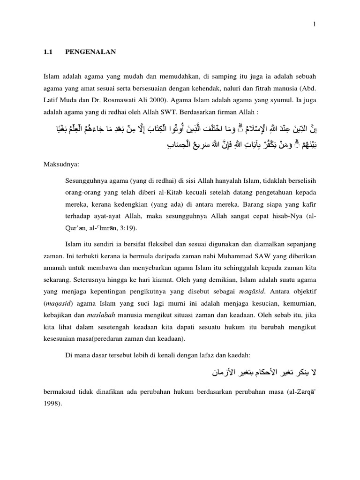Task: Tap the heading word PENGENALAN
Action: [x=94, y=52]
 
